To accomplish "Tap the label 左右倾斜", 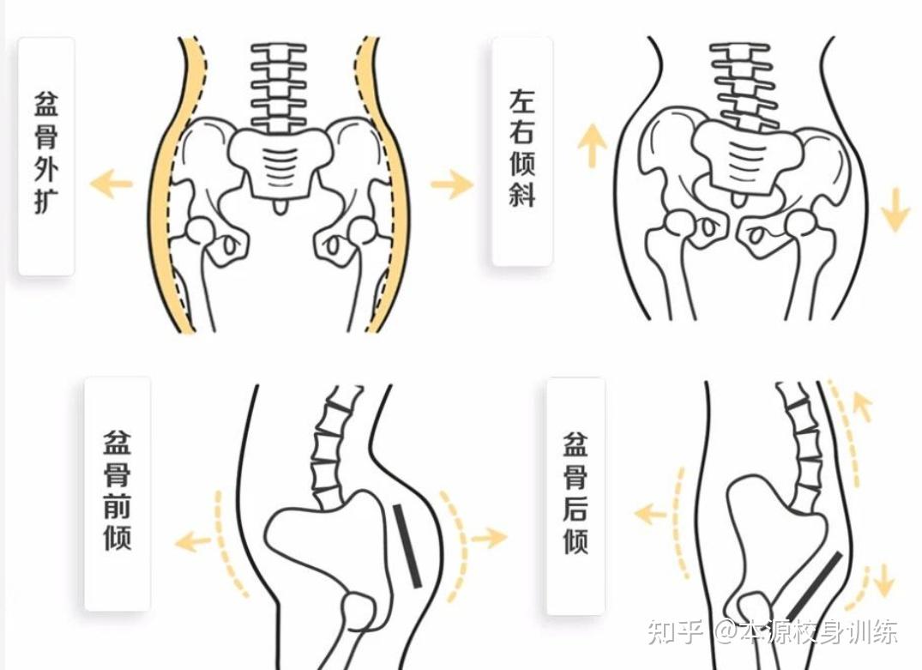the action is point(521,150).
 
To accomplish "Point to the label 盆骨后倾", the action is point(575,493).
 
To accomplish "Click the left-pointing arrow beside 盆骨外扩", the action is point(111,184).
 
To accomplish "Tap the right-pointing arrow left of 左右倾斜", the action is point(451,184).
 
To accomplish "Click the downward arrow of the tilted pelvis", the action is point(895,209).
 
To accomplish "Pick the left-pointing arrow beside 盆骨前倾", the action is point(193,540).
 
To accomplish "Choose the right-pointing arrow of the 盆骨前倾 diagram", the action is point(489,537).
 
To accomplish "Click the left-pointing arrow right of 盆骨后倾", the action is point(651,514).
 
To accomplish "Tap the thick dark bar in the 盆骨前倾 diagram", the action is point(407,546).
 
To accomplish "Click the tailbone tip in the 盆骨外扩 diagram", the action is point(279,208).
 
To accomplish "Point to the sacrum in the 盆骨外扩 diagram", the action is point(278,159).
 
